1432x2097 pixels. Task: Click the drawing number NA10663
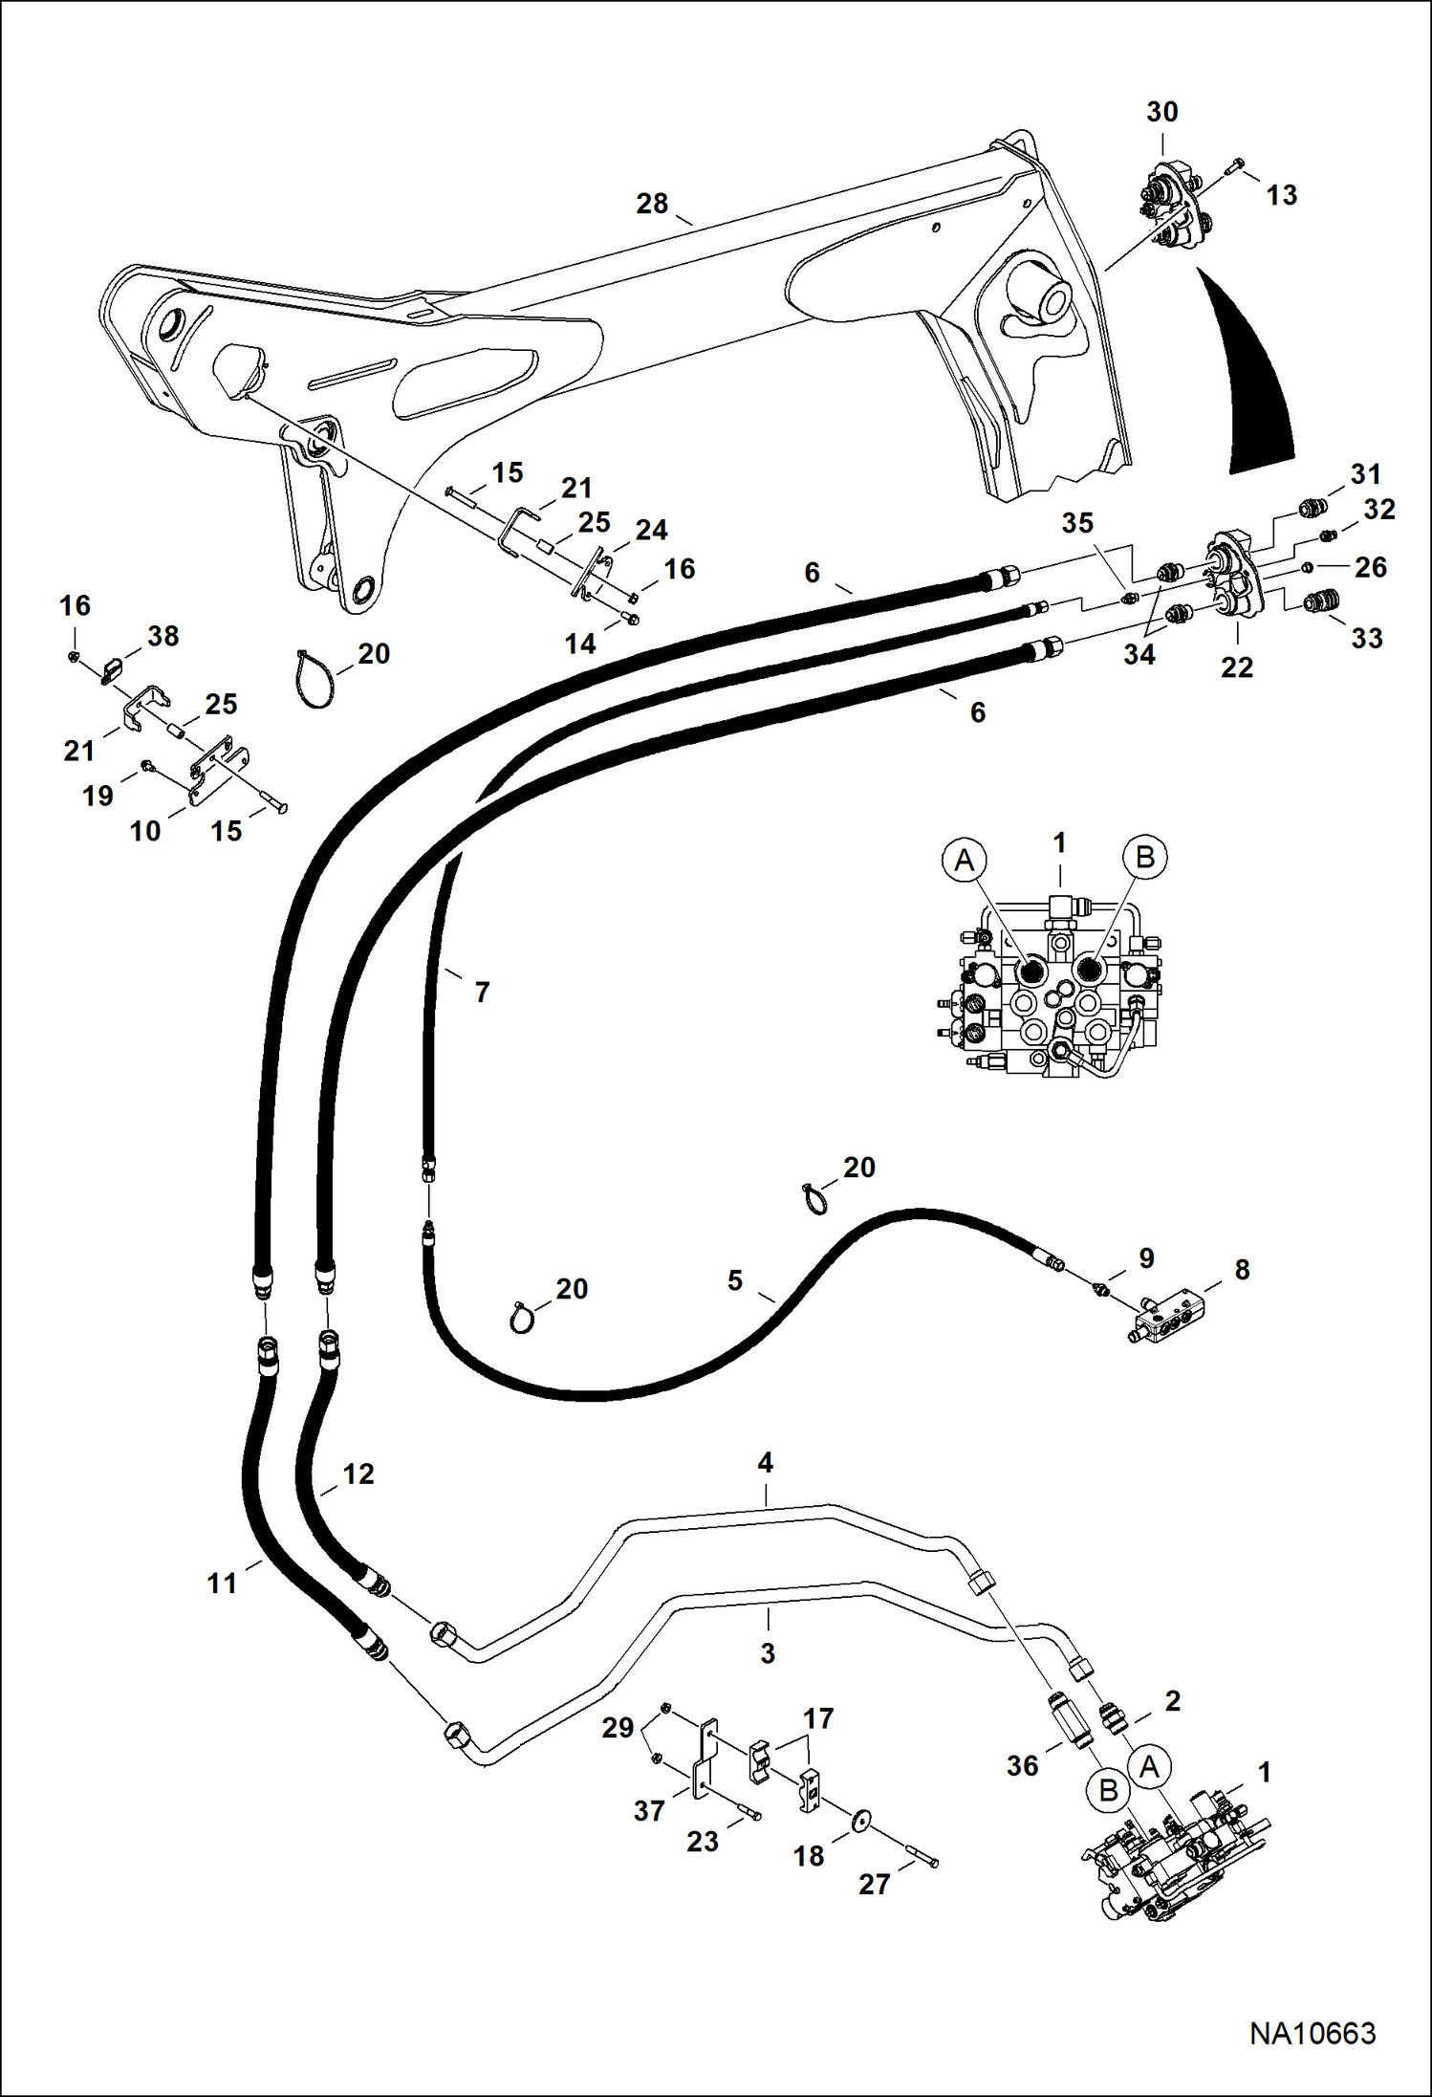1313,2033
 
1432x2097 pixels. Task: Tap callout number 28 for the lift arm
653,204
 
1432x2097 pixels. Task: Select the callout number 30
1161,112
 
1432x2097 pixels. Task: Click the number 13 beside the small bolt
1281,195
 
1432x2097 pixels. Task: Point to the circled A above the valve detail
965,860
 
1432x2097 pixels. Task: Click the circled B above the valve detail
1144,856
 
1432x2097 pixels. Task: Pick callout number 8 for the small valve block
1242,1270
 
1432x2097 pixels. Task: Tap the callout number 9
1146,1257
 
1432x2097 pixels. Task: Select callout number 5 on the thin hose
734,1280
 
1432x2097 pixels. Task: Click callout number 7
482,993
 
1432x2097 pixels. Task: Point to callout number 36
1022,1766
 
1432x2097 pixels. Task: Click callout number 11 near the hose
222,1584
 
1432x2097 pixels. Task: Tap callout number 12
358,1474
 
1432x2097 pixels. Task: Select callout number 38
163,636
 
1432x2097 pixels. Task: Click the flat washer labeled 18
861,1820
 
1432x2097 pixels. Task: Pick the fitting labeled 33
1322,601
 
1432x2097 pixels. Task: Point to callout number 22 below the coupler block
1236,667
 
